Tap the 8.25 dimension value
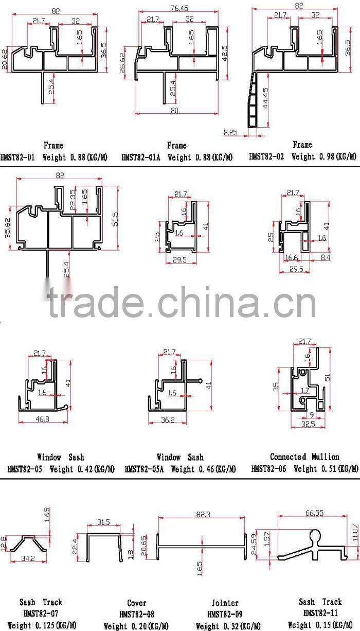point(230,132)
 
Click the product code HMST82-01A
point(140,157)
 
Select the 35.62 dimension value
point(6,227)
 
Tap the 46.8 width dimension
point(43,419)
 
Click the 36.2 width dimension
point(168,420)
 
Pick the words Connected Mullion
point(304,457)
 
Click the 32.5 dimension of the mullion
point(309,425)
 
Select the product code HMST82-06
point(270,468)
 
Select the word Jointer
point(225,603)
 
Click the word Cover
point(136,603)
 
